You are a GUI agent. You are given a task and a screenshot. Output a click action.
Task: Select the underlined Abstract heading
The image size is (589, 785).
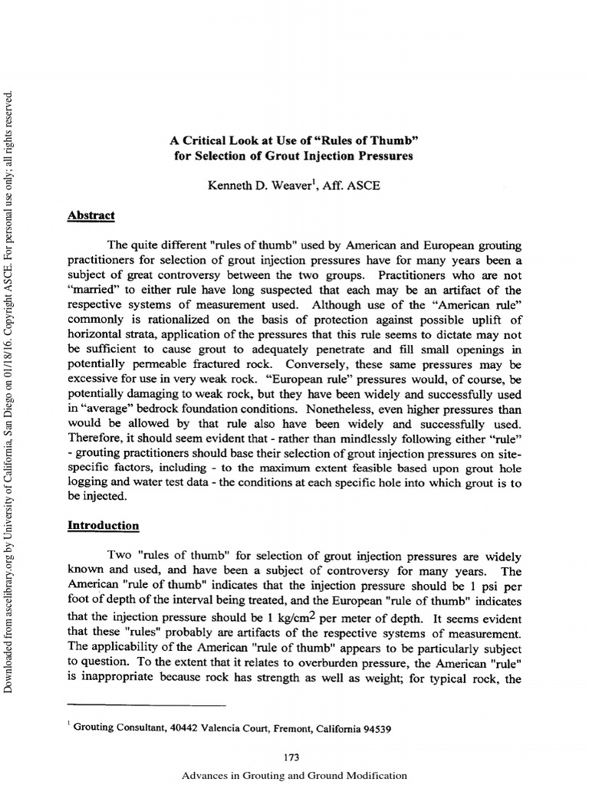pos(91,215)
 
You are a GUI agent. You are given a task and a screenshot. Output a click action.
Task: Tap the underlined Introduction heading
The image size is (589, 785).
pos(104,525)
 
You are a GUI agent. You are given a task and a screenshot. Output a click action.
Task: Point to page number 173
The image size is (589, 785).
pos(291,757)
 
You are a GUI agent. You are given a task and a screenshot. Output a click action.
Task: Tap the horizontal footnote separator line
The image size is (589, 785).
pos(147,704)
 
